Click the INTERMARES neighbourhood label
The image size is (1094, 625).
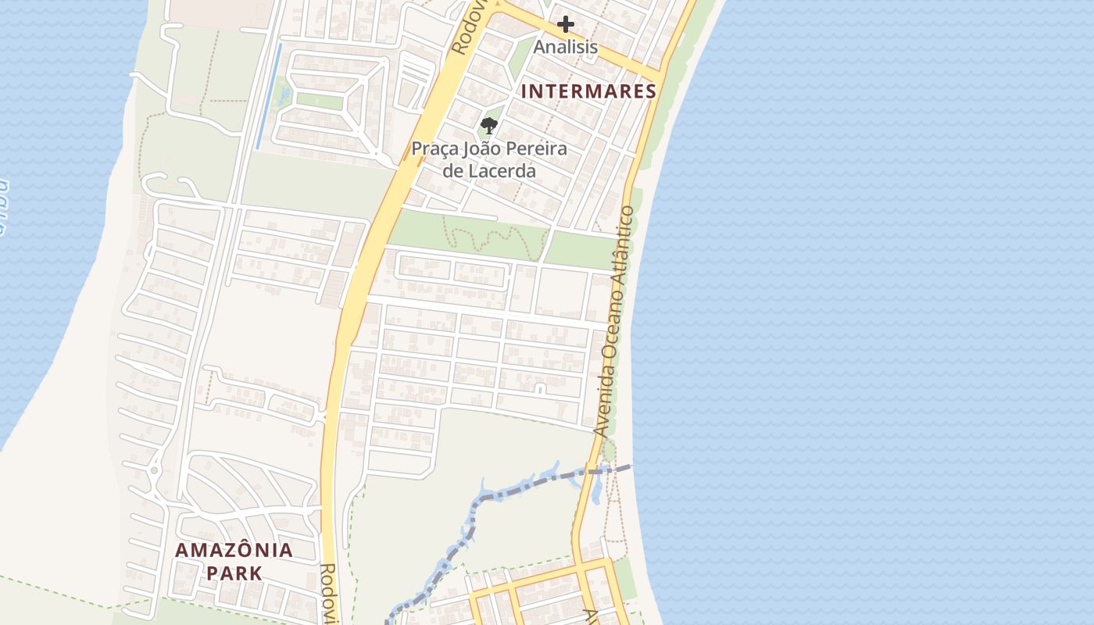pyautogui.click(x=588, y=91)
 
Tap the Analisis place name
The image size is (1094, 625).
pyautogui.click(x=566, y=47)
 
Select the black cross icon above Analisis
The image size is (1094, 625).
pyautogui.click(x=566, y=24)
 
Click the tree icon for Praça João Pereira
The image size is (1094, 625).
pyautogui.click(x=489, y=125)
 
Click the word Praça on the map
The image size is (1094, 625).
pyautogui.click(x=435, y=148)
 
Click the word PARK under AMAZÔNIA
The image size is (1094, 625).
pyautogui.click(x=234, y=573)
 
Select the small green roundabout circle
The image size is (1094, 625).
pyautogui.click(x=154, y=470)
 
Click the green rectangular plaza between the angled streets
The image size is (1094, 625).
pyautogui.click(x=320, y=101)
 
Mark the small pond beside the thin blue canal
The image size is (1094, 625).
pyautogui.click(x=284, y=95)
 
